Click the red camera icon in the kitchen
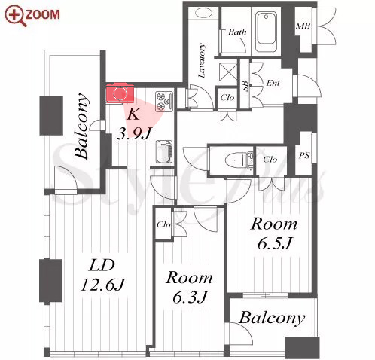point(120,93)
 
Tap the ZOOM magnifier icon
point(16,16)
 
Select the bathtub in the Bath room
point(266,31)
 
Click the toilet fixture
point(239,160)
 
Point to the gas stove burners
point(164,102)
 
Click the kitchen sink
point(164,152)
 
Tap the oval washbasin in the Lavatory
point(203,13)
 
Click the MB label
point(303,26)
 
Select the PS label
point(304,156)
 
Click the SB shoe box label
point(245,86)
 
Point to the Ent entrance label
point(273,83)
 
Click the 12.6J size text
point(102,285)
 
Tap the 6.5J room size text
point(274,243)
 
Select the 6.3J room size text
point(190,297)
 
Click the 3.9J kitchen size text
point(135,133)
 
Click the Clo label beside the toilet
point(270,160)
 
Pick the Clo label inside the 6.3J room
point(163,224)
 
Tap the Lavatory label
point(202,60)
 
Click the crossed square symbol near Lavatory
point(228,72)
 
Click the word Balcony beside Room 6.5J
point(272,319)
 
